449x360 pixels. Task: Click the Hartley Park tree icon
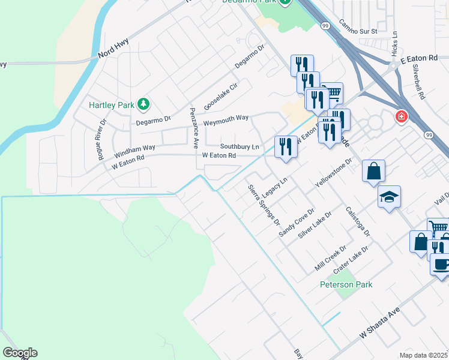[x=143, y=105]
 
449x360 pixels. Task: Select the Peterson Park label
[x=346, y=284]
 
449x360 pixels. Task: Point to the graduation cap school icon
[x=389, y=196]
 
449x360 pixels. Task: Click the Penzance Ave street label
[x=194, y=128]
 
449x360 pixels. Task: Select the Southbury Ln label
[x=240, y=146]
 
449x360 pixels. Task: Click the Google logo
[x=20, y=353]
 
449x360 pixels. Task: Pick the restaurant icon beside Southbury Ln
[x=286, y=146]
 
